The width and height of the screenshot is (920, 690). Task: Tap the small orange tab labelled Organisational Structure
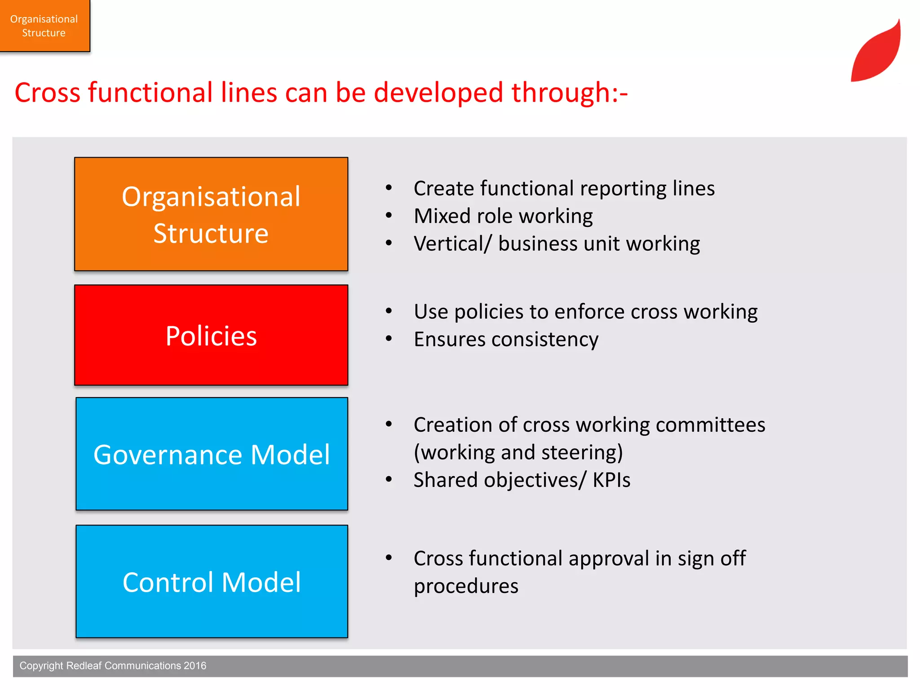(44, 26)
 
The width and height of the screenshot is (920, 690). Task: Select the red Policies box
(211, 335)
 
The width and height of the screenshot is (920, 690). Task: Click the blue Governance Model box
(212, 454)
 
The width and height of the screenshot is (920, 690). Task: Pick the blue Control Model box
(212, 581)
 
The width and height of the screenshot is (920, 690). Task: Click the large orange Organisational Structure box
(211, 214)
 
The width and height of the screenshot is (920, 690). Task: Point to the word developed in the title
(438, 93)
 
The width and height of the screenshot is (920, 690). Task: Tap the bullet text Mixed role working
(503, 216)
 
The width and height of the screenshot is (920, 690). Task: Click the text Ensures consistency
(506, 339)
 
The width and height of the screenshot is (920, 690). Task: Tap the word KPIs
(611, 480)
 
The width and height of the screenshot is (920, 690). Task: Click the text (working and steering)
(518, 452)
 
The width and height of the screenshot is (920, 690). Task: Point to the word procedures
(466, 586)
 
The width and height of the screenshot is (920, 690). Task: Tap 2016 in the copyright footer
(195, 666)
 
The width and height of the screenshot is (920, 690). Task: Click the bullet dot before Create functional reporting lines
(389, 188)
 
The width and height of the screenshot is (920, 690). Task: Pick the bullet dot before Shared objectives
(389, 479)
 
